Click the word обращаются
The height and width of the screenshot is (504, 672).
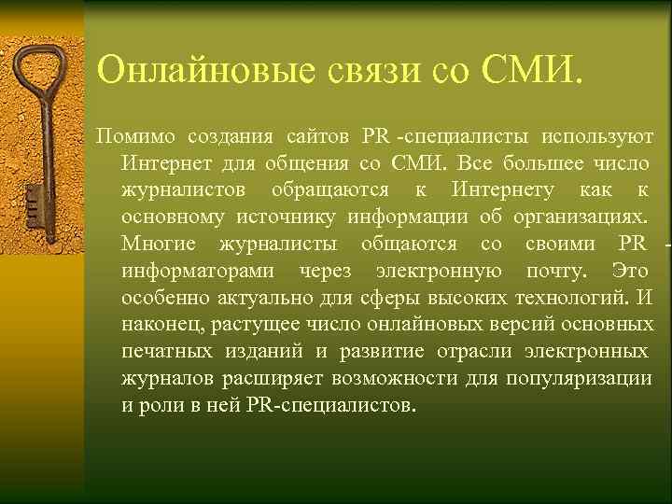coord(330,190)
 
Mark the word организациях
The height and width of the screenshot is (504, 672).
coord(579,217)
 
